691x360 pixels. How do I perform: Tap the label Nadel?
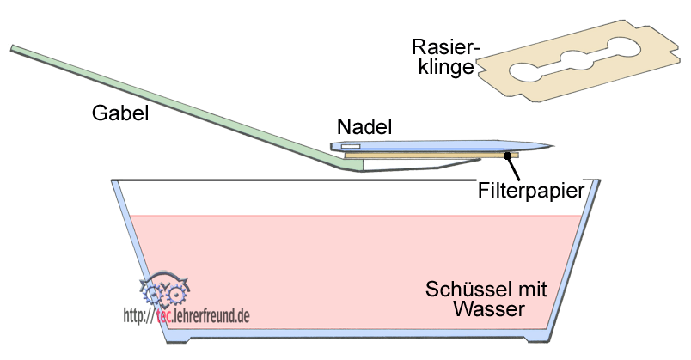click(363, 126)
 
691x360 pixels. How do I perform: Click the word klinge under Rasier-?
click(443, 67)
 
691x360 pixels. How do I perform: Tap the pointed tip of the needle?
click(551, 144)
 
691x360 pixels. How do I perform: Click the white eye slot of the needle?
click(350, 147)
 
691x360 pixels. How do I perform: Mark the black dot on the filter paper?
click(508, 156)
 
